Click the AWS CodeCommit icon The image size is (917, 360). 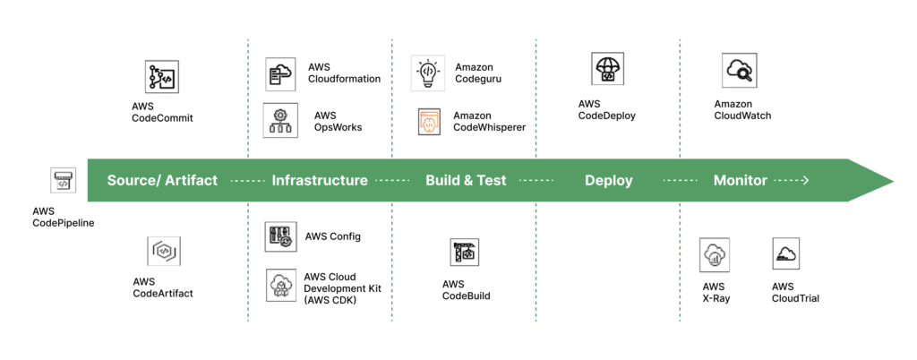162,78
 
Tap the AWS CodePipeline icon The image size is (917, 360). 63,180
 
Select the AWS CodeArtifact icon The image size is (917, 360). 164,252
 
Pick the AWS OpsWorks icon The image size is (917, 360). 280,121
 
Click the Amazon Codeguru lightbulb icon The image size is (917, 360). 428,73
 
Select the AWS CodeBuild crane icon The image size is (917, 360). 466,253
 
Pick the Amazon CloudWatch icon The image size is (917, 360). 740,70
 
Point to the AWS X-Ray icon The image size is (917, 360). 716,254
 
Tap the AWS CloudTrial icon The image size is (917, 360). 785,253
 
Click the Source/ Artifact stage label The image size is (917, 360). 162,180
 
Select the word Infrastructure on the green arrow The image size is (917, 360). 320,180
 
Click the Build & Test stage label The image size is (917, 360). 466,180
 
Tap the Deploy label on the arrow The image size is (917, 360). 609,180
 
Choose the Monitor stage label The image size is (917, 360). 740,180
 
